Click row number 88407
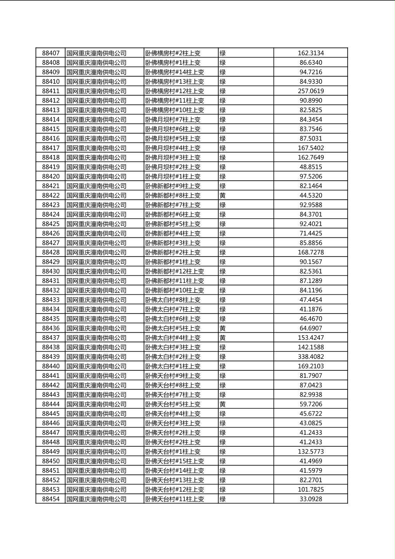pyautogui.click(x=50, y=53)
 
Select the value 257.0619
pyautogui.click(x=310, y=91)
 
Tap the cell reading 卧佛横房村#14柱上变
pyautogui.click(x=175, y=72)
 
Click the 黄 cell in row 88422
pyautogui.click(x=223, y=195)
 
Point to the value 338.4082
pyautogui.click(x=310, y=357)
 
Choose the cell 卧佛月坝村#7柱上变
pyautogui.click(x=173, y=120)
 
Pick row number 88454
pyautogui.click(x=50, y=499)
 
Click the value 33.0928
pyautogui.click(x=310, y=499)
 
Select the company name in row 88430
pyautogui.click(x=97, y=272)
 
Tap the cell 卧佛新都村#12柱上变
pyautogui.click(x=175, y=272)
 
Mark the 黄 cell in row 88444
pyautogui.click(x=223, y=404)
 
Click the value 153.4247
pyautogui.click(x=310, y=338)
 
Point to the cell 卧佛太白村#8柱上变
pyautogui.click(x=173, y=300)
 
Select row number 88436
pyautogui.click(x=50, y=328)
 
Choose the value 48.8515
pyautogui.click(x=310, y=167)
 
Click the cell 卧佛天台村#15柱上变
pyautogui.click(x=175, y=461)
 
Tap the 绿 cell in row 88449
pyautogui.click(x=223, y=452)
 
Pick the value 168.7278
pyautogui.click(x=310, y=252)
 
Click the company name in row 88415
pyautogui.click(x=97, y=129)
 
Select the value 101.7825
pyautogui.click(x=310, y=489)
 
